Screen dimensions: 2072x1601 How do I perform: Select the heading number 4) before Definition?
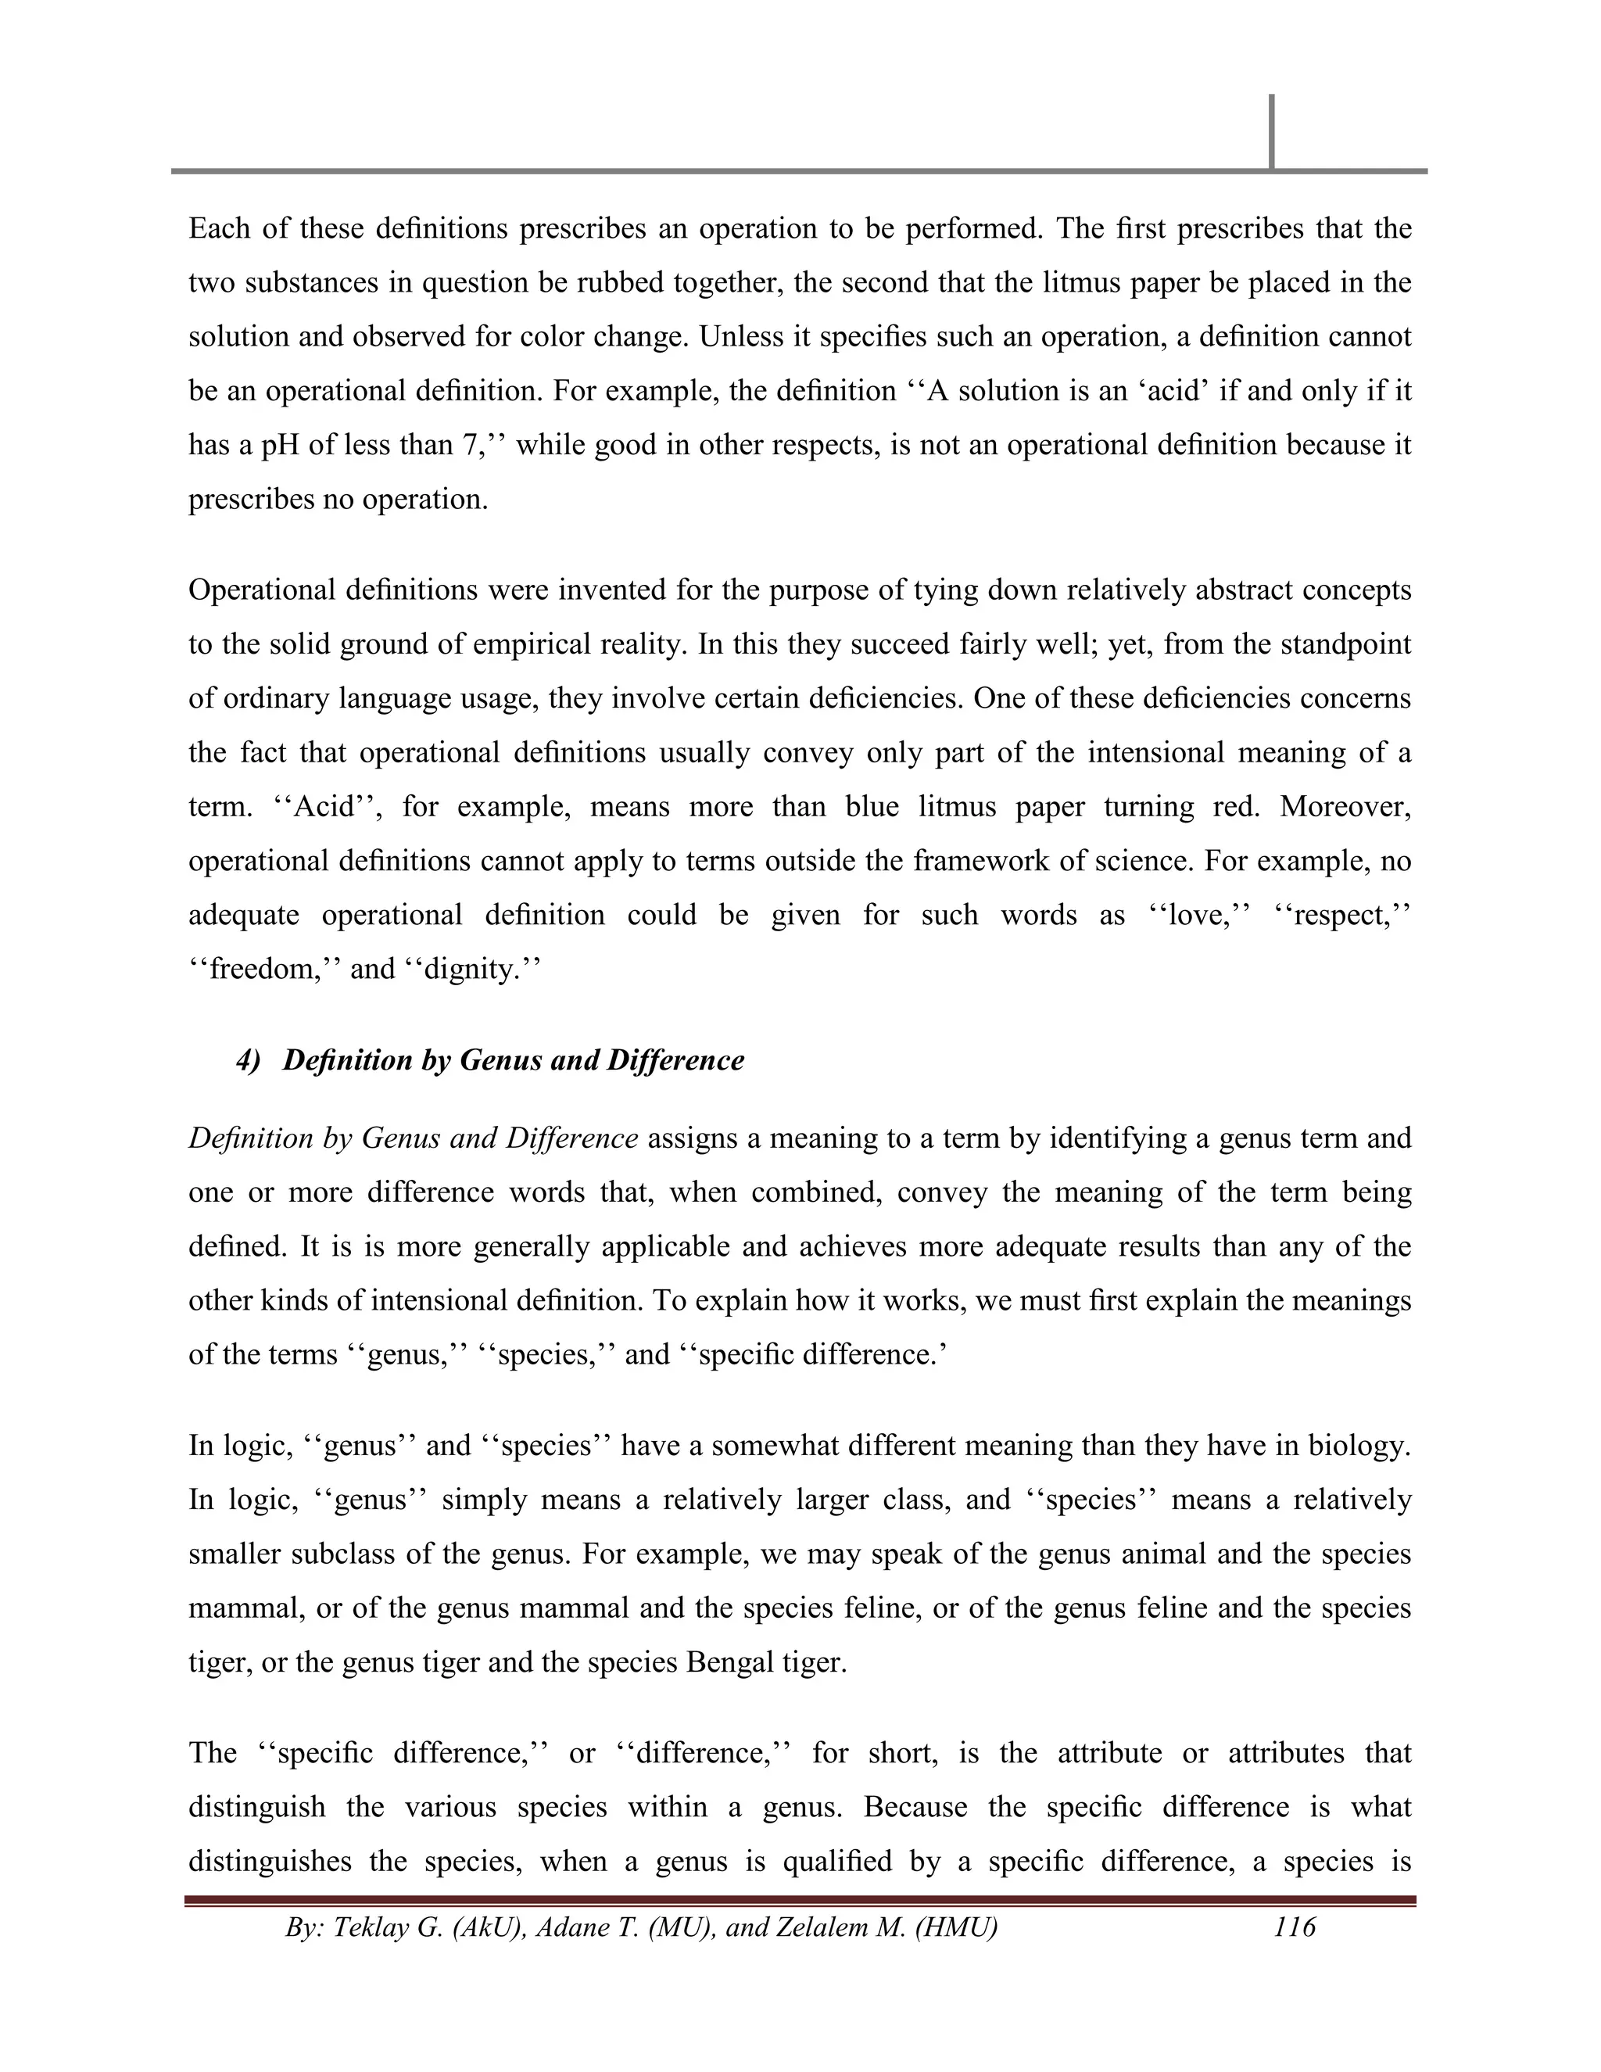(x=249, y=1059)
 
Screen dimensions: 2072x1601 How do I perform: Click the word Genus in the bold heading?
(x=500, y=1059)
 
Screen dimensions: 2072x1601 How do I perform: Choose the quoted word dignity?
(x=471, y=970)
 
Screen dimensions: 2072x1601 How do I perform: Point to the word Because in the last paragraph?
(x=915, y=1807)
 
